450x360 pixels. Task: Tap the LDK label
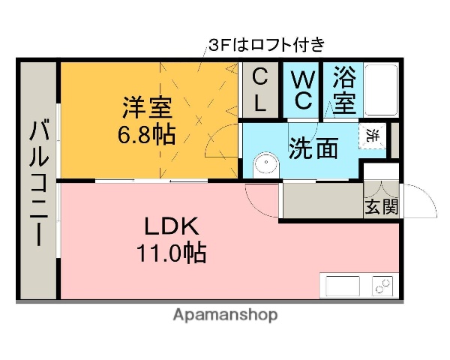(x=170, y=226)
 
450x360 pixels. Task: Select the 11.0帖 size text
(x=171, y=253)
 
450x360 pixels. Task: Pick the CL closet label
(x=259, y=90)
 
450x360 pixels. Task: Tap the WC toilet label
(x=301, y=90)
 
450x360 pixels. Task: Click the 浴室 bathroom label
(x=344, y=90)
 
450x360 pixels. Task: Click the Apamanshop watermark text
(x=225, y=315)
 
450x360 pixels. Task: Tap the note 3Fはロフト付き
(x=266, y=45)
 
